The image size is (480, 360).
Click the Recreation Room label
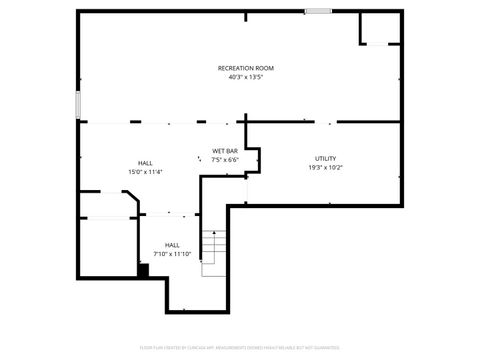pos(245,67)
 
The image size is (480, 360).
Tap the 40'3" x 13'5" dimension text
pos(245,76)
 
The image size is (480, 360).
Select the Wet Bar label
pos(224,151)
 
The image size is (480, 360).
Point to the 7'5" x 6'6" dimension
pos(224,160)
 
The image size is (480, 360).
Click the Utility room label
pos(325,158)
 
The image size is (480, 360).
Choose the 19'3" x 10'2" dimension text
pos(325,167)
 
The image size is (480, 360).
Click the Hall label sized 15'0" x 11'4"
pos(145,163)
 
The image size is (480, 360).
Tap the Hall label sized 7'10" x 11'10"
pos(172,244)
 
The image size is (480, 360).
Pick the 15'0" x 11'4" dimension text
pos(145,172)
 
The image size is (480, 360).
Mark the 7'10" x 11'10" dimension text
pos(172,253)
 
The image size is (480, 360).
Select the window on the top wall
pos(318,11)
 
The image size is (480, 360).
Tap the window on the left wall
pos(77,105)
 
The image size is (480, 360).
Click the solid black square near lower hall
pos(143,269)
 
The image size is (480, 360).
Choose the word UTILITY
pos(325,158)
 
